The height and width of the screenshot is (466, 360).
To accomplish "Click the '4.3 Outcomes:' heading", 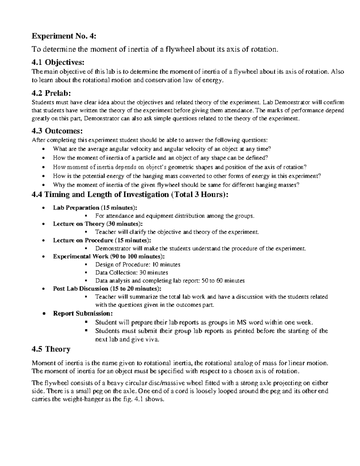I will (57, 131).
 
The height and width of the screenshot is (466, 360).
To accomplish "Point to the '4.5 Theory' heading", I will (51, 349).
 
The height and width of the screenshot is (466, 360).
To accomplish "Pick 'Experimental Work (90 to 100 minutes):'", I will (109, 256).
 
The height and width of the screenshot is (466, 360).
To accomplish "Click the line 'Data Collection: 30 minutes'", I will (131, 272).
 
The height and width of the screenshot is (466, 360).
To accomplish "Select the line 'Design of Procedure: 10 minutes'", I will (138, 264).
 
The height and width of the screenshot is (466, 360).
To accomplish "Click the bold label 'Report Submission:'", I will (83, 313).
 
